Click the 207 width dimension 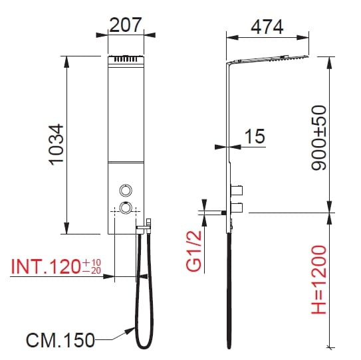[x=125, y=25]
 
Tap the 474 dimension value [x=267, y=27]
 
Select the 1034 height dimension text [x=57, y=145]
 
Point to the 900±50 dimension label [x=319, y=137]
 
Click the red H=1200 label [x=319, y=280]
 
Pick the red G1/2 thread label [x=194, y=251]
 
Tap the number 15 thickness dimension [x=255, y=136]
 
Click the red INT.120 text [x=45, y=266]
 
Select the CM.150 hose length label [x=60, y=340]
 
